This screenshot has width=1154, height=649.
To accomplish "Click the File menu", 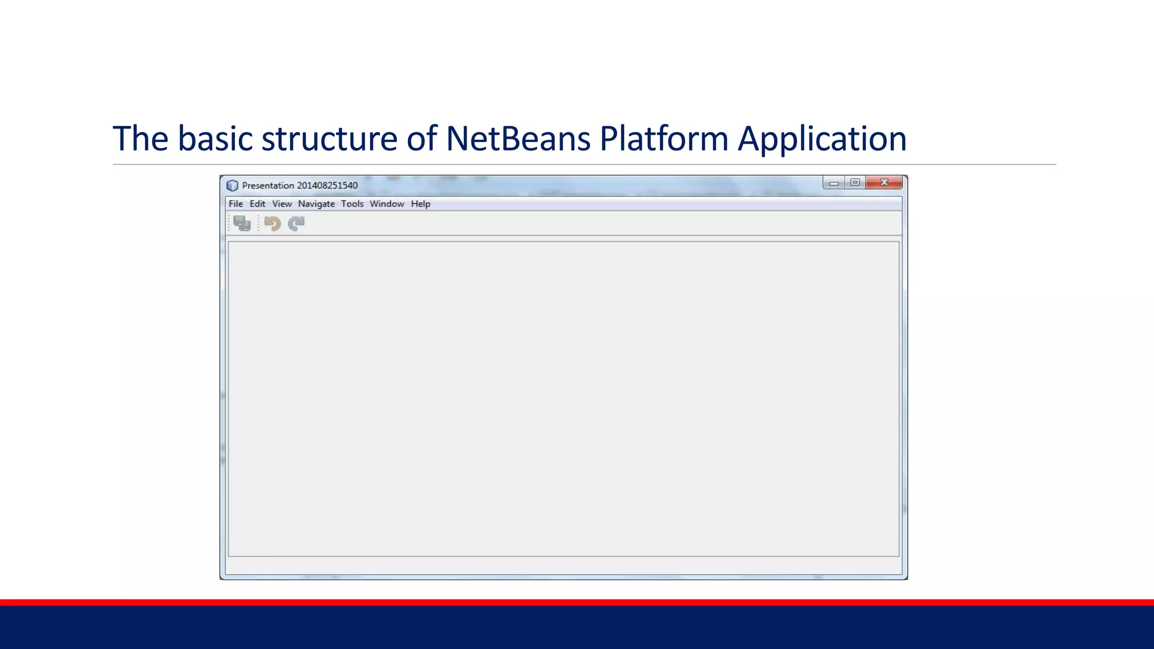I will (236, 204).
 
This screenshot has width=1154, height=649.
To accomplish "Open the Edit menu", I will (258, 204).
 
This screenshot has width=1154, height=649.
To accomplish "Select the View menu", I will (282, 204).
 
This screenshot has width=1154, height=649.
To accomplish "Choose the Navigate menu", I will (316, 204).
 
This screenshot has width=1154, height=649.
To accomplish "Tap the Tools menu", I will (352, 204).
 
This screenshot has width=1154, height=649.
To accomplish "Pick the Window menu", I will (387, 204).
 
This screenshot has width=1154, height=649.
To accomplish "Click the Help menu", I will (420, 204).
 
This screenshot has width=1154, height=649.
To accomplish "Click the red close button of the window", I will (884, 183).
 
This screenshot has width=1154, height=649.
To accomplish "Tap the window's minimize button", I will (834, 183).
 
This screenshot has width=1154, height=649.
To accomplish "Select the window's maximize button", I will (855, 183).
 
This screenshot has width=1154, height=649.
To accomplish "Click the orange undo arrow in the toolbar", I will (273, 224).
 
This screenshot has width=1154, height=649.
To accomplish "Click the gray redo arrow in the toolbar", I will (296, 224).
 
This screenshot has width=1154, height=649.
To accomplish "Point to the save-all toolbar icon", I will (242, 224).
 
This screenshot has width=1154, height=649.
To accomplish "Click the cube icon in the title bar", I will (232, 185).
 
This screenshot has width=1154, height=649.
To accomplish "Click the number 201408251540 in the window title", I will (327, 185).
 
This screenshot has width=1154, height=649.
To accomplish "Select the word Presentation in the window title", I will (268, 185).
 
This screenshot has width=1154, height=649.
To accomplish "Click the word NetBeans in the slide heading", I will (518, 139).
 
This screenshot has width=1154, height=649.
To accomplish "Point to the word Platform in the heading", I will (664, 139).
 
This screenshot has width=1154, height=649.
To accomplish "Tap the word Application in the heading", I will (822, 139).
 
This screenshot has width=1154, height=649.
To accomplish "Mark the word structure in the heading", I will (329, 139).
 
